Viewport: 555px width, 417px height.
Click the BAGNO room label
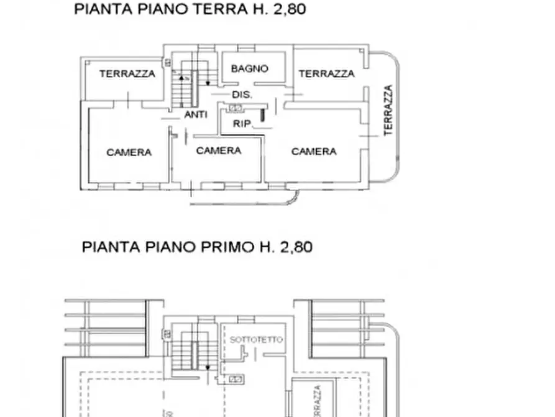(250, 68)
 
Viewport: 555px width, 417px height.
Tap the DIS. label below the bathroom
(241, 95)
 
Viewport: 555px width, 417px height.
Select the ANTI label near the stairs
(196, 115)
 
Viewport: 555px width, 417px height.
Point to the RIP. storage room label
(241, 124)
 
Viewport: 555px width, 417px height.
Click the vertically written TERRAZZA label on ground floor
(388, 110)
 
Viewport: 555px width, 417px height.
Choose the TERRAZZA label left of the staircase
(127, 73)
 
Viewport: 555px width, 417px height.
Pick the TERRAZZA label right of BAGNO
(326, 73)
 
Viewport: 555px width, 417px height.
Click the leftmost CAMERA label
(129, 152)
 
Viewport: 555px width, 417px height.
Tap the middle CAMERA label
(219, 151)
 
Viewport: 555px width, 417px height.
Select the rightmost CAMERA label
(314, 151)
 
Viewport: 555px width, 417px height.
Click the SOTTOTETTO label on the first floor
(256, 340)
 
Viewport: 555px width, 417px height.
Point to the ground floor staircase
(184, 87)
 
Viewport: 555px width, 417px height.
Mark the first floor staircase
(185, 352)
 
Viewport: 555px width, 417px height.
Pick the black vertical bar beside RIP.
(262, 115)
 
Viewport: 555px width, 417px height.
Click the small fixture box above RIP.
(236, 108)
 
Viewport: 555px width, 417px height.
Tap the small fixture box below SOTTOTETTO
(236, 378)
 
